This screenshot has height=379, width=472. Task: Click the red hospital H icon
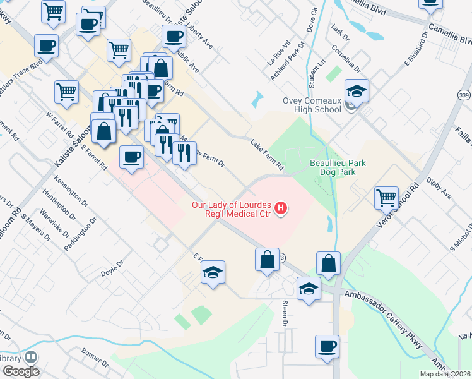tap(282, 207)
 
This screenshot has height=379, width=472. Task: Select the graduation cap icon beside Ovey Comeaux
tap(357, 92)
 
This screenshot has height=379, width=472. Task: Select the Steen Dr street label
tap(285, 314)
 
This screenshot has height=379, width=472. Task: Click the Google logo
tap(21, 371)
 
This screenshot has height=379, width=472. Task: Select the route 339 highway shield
tap(463, 95)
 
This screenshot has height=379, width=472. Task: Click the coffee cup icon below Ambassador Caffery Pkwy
tap(327, 346)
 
